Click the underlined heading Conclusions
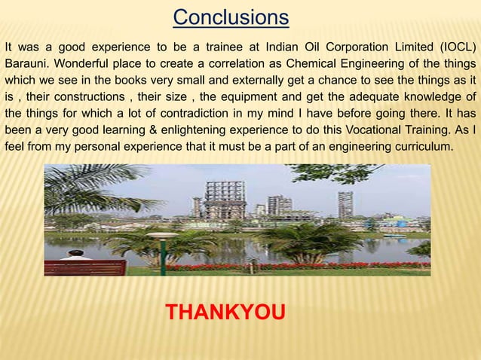click(231, 17)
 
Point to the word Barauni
click(29, 63)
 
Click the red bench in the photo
click(84, 267)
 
